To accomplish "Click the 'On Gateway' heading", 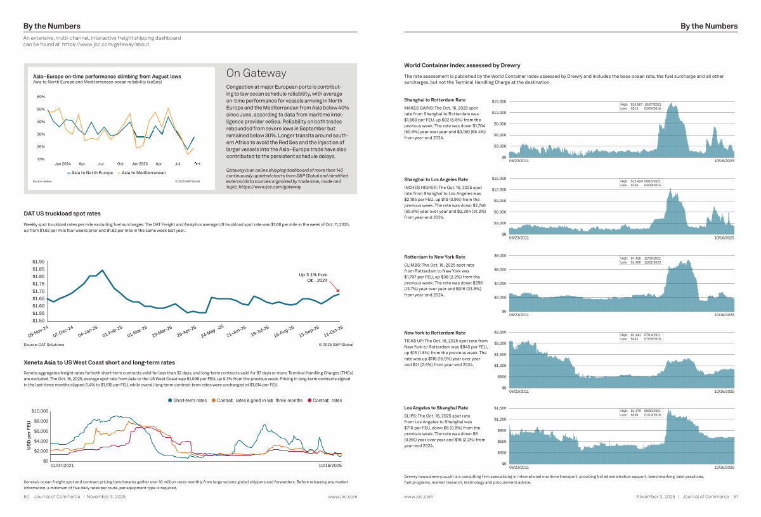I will point(256,73).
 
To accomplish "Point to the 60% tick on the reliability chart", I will point(41,97).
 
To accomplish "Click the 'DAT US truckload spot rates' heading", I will point(62,214).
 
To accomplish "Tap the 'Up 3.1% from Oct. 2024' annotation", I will point(313,277).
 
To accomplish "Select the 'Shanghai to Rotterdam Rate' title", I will point(434,100).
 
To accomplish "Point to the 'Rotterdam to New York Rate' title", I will point(434,257).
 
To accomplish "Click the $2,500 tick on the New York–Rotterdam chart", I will point(498,332).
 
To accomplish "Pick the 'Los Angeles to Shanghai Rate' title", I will point(436,407).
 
